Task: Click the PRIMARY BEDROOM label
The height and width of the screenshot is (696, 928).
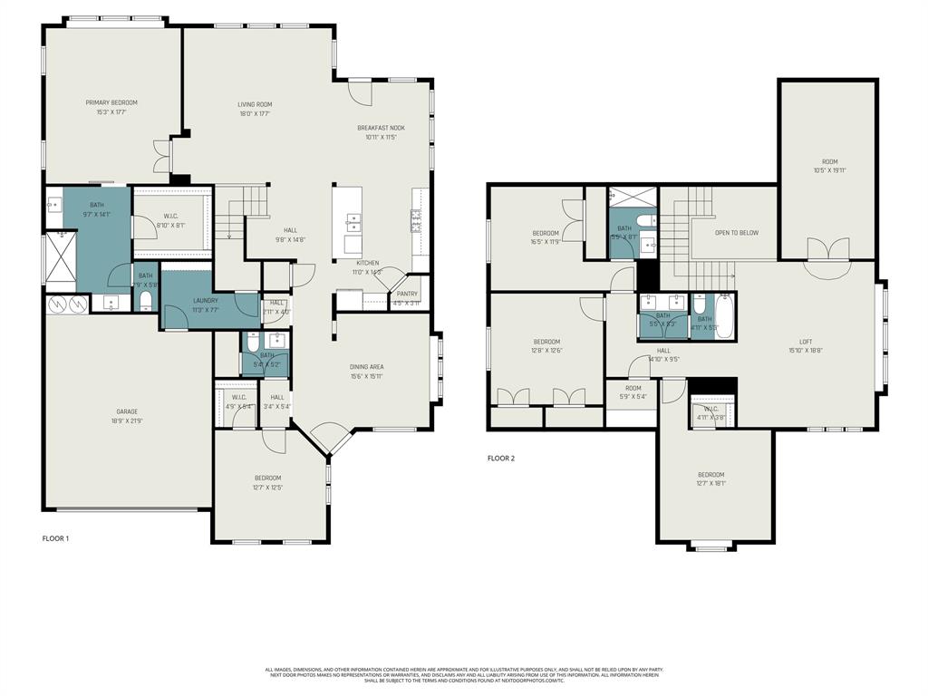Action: pyautogui.click(x=111, y=102)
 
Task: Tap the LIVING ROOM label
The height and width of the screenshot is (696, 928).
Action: pyautogui.click(x=255, y=104)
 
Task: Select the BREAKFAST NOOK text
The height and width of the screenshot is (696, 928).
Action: pyautogui.click(x=381, y=128)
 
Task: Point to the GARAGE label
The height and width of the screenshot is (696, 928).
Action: pyautogui.click(x=127, y=411)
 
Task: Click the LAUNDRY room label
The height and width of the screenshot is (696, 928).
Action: pyautogui.click(x=205, y=301)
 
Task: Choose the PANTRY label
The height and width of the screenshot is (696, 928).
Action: pyautogui.click(x=407, y=294)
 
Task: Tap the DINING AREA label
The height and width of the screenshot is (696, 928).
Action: pyautogui.click(x=367, y=367)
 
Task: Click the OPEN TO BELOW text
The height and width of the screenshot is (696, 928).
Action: pyautogui.click(x=737, y=233)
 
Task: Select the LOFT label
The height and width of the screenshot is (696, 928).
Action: pyautogui.click(x=805, y=341)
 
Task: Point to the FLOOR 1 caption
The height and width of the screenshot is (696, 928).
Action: pyautogui.click(x=55, y=538)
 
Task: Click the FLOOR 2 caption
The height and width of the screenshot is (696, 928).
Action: pyautogui.click(x=500, y=459)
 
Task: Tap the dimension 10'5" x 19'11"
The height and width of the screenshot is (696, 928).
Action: pyautogui.click(x=828, y=170)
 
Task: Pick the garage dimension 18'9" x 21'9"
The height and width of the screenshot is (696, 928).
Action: pyautogui.click(x=127, y=421)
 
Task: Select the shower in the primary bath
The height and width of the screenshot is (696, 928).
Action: pyautogui.click(x=62, y=258)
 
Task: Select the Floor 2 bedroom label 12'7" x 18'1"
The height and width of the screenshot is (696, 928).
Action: pyautogui.click(x=710, y=475)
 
